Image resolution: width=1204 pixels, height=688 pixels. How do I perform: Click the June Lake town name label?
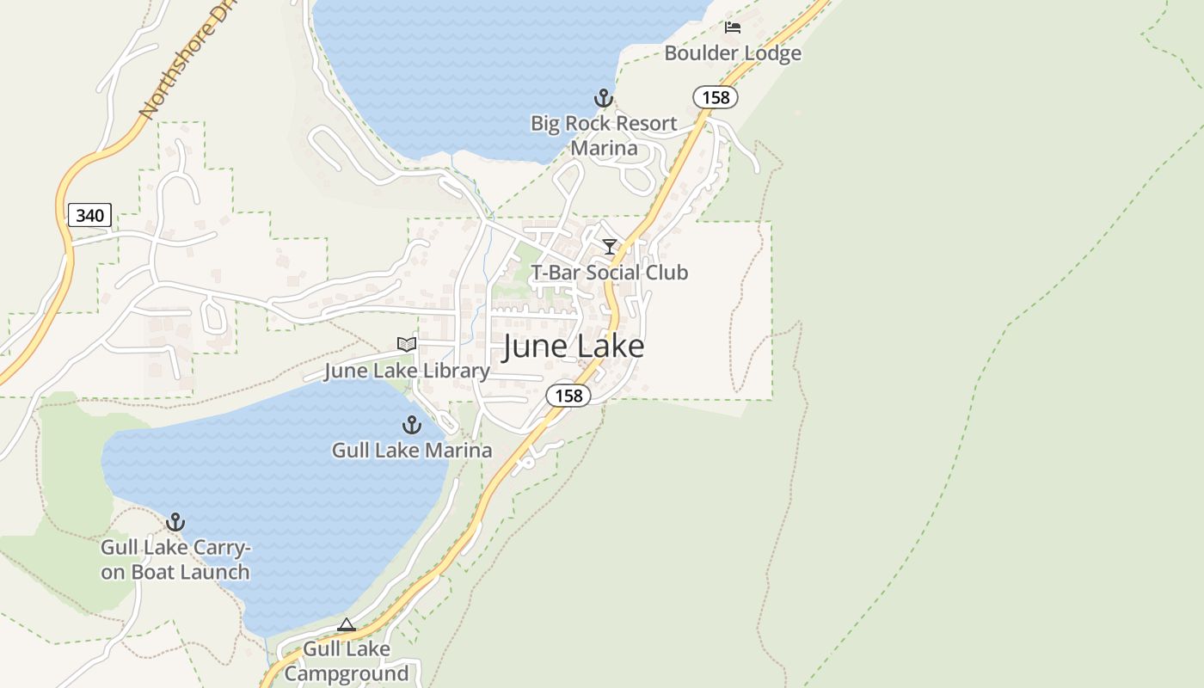click(573, 346)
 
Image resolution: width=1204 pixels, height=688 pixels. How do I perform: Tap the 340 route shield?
click(89, 215)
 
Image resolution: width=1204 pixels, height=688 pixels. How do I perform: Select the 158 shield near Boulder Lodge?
click(716, 97)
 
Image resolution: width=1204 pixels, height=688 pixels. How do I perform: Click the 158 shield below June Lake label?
click(568, 396)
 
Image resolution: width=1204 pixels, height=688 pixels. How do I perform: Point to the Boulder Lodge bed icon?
click(733, 28)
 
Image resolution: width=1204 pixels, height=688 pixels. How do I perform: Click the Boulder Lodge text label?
click(733, 53)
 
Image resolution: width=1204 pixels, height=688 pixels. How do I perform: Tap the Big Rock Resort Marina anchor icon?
click(604, 97)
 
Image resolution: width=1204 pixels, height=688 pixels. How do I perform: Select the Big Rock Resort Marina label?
click(604, 135)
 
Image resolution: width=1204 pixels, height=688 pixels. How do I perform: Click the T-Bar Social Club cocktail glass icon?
click(610, 248)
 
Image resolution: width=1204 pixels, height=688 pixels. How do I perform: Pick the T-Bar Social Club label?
click(610, 273)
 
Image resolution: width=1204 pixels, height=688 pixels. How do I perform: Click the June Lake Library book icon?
click(407, 345)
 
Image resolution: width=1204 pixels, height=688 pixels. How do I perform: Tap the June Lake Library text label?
click(407, 371)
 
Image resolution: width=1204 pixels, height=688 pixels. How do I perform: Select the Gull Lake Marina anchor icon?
click(412, 425)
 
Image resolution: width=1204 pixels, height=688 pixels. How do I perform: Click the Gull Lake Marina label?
click(412, 450)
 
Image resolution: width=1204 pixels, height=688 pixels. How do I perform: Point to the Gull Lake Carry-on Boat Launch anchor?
click(175, 522)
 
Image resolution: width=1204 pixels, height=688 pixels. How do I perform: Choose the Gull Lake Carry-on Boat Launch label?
click(175, 560)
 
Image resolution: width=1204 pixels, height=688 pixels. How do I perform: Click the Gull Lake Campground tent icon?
click(347, 624)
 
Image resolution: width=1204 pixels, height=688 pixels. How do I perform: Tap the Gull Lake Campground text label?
click(347, 660)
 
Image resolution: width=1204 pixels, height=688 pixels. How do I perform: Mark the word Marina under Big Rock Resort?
click(605, 148)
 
